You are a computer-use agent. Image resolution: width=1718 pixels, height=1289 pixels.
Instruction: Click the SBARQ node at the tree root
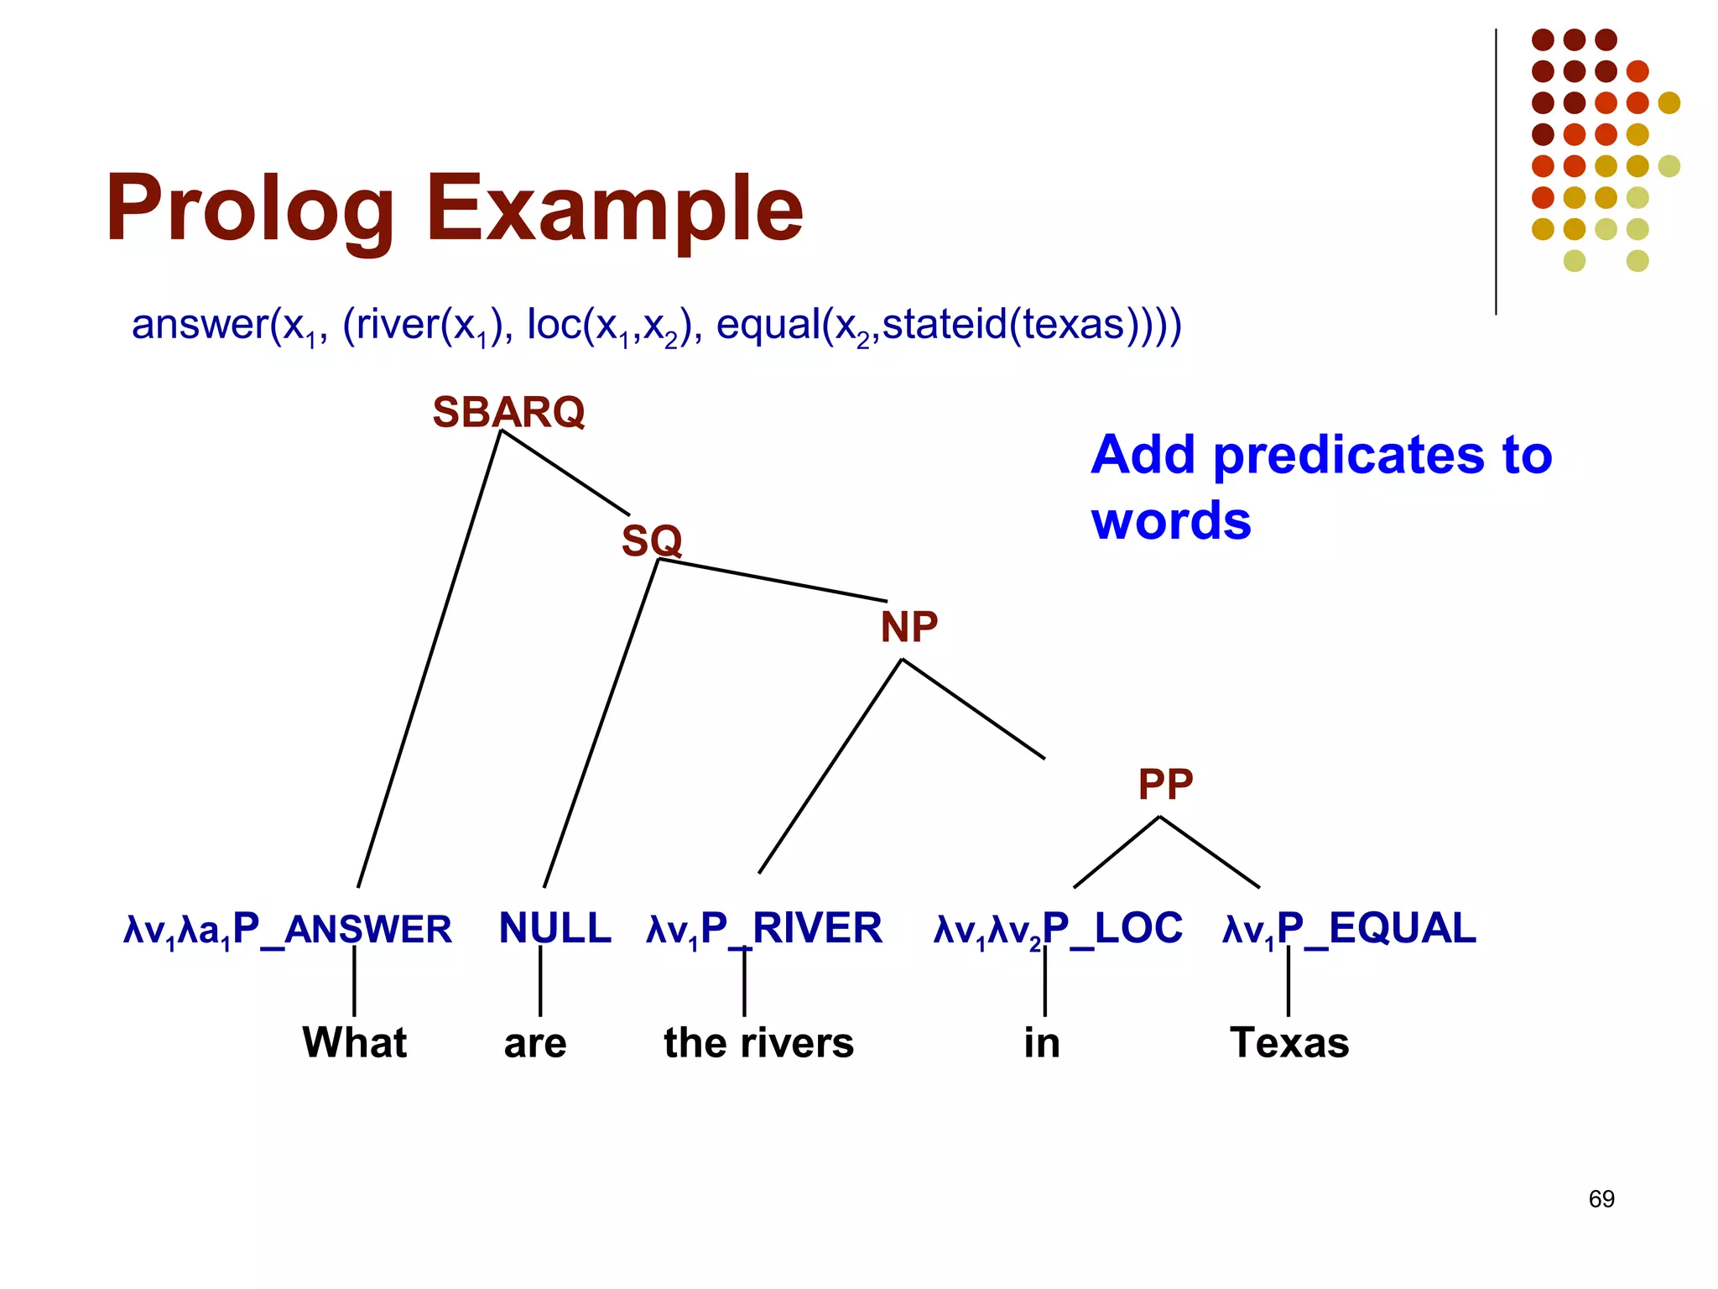coord(508,412)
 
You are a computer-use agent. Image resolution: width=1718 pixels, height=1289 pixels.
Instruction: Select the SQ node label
coord(651,540)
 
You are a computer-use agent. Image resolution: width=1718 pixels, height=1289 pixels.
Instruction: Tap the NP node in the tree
coord(908,627)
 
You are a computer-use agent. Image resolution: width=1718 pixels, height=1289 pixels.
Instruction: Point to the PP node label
coord(1164,785)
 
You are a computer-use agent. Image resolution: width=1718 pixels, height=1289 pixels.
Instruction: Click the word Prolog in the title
coord(249,208)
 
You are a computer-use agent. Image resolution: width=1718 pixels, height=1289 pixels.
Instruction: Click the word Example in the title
coord(614,208)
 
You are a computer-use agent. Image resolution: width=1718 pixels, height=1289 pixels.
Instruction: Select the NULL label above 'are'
coord(554,928)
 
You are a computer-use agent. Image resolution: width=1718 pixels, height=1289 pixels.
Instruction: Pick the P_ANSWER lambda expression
coord(287,930)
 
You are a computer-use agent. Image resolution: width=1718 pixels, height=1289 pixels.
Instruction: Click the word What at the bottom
coord(354,1043)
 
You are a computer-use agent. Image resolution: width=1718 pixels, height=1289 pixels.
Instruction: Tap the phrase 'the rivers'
coord(758,1043)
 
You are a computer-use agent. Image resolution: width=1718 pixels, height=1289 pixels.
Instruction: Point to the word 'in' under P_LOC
coord(1042,1043)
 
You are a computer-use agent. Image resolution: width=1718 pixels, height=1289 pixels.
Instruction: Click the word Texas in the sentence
coord(1289,1043)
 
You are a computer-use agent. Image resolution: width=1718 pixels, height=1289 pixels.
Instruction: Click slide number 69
coord(1601,1198)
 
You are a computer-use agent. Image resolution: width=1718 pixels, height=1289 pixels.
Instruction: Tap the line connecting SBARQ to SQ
coord(565,472)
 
